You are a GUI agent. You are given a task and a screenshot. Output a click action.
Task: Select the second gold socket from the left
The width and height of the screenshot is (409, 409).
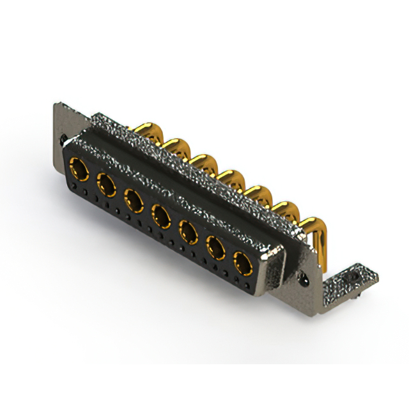106,185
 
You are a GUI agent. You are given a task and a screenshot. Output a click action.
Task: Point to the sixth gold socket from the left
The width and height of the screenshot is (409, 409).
215,245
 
